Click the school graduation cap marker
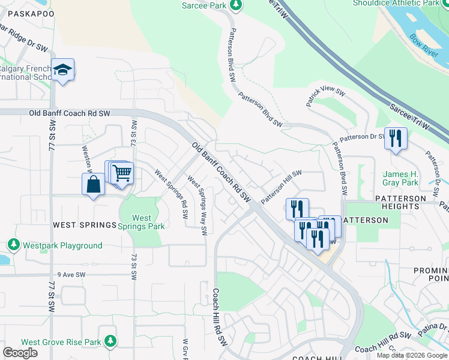62,70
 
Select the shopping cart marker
122,173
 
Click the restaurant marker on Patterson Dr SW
396,138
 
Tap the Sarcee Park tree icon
237,5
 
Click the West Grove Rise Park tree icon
110,342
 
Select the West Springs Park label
142,222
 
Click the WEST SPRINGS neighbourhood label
84,225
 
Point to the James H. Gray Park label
400,178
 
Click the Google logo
20,352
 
